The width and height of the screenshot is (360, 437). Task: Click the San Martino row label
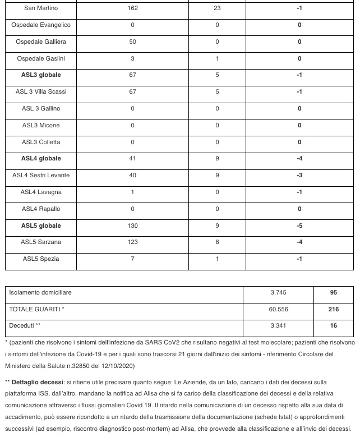(41, 8)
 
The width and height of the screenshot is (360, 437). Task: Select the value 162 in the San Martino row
(132, 8)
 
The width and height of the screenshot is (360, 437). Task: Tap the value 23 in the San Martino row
(218, 8)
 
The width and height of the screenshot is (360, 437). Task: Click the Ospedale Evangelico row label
(41, 25)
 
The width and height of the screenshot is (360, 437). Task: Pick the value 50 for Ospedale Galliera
(132, 42)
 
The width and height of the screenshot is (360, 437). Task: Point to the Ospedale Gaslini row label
(41, 59)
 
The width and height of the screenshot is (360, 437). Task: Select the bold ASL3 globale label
(41, 75)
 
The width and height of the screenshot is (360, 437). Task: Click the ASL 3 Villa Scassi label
(41, 92)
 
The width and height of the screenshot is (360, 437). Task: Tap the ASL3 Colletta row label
(41, 142)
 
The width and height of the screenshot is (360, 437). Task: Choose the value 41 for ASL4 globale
(132, 159)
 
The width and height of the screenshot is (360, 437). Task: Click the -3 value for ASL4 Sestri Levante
(299, 176)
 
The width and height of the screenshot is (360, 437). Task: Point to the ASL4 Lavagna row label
(41, 192)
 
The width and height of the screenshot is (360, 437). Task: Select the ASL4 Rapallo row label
(41, 209)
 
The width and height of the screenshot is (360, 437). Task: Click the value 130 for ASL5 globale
(132, 226)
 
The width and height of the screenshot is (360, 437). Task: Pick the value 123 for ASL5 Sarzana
(132, 242)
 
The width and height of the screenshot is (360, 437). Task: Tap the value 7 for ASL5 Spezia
(132, 259)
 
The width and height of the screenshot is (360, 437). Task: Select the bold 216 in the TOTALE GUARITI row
(334, 309)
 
